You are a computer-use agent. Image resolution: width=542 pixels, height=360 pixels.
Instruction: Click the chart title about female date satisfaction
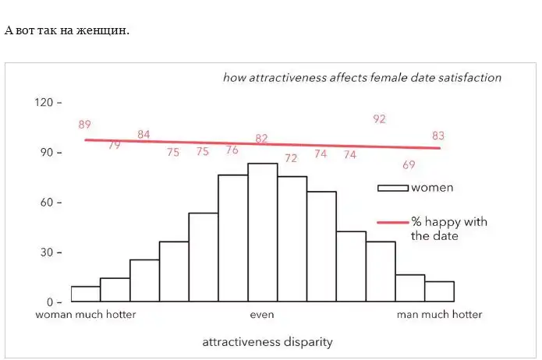[362, 78]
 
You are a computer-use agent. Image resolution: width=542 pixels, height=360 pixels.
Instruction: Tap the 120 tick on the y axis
[44, 102]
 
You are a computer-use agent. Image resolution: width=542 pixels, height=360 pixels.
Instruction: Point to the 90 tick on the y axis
[46, 152]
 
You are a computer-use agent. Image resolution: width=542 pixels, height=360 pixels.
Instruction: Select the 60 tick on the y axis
[46, 202]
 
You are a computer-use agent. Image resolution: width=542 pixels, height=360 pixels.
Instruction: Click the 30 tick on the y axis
[46, 252]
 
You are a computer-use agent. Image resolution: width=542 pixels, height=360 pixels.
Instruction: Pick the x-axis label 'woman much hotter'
[86, 315]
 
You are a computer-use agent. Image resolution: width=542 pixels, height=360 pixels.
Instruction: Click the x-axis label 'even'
[262, 315]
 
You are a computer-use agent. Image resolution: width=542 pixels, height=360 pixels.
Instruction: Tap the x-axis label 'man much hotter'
[439, 315]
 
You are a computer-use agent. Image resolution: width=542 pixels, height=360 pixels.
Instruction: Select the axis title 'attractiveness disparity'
[267, 342]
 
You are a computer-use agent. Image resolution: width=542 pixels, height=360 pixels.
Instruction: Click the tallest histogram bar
[262, 232]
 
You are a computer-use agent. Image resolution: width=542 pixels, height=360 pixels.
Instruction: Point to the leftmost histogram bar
[85, 294]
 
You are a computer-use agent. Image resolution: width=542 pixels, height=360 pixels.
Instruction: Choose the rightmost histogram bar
[439, 291]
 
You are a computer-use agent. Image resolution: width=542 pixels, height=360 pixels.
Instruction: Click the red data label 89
[85, 125]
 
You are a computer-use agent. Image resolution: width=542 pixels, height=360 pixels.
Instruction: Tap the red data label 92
[380, 119]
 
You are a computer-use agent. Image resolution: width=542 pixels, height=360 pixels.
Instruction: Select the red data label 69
[409, 165]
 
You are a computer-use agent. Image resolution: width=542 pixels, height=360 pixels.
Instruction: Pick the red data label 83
[438, 136]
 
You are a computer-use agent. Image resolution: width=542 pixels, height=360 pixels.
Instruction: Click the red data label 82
[262, 139]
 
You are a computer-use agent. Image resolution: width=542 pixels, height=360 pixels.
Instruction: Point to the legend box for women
[393, 188]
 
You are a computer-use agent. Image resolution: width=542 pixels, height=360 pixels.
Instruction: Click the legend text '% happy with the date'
[448, 228]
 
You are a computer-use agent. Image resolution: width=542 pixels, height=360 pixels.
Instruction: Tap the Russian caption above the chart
[67, 30]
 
